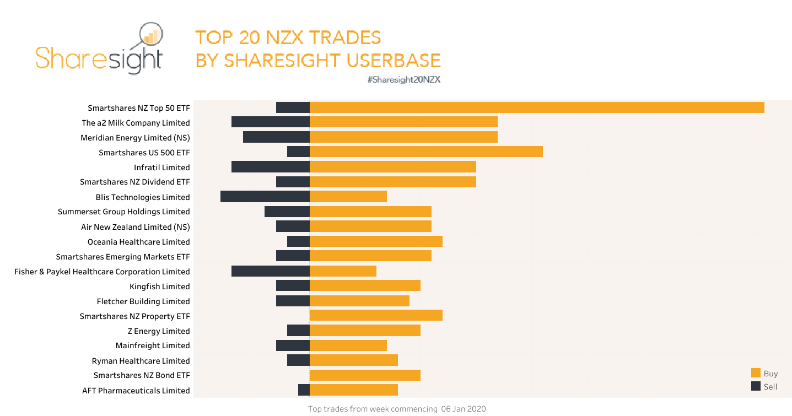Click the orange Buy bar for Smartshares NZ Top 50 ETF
[536, 107]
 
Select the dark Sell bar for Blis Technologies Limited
[265, 197]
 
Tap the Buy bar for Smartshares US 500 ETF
[425, 152]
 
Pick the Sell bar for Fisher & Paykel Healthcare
[270, 271]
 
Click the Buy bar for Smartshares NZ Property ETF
[376, 315]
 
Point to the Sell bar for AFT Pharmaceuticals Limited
[304, 390]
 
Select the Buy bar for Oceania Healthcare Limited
[376, 241]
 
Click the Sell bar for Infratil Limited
[270, 167]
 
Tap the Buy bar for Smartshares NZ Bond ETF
[365, 375]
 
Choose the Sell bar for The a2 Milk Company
[270, 122]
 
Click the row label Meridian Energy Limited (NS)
[135, 138]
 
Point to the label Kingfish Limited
[160, 287]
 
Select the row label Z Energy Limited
[159, 331]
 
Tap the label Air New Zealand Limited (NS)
[136, 227]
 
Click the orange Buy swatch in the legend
[756, 373]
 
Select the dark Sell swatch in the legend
[756, 386]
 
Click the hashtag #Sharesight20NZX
[403, 80]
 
